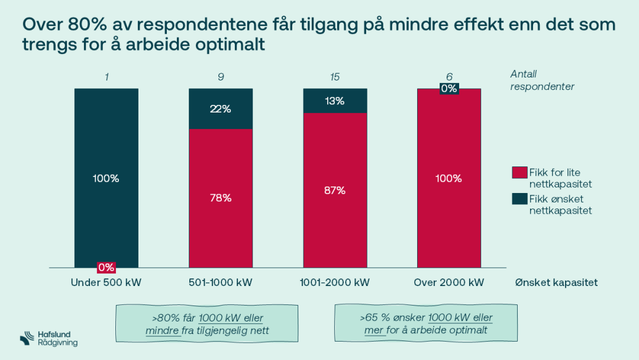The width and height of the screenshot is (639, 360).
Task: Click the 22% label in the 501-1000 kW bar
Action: tap(221, 109)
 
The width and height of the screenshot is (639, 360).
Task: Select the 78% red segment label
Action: tap(221, 198)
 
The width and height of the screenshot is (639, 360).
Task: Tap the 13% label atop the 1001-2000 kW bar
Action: tap(335, 101)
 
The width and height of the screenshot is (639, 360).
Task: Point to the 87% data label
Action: tap(335, 190)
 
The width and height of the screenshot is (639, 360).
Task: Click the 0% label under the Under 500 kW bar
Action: tap(106, 267)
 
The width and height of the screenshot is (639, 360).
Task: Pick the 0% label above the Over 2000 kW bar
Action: tap(449, 88)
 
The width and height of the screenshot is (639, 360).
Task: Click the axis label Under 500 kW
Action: tap(106, 282)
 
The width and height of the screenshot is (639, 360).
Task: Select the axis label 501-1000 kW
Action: tap(221, 282)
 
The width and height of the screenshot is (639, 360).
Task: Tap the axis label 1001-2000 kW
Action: tap(335, 282)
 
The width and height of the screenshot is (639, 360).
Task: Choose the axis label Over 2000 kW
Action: tap(449, 282)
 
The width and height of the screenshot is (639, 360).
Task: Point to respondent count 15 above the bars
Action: tap(335, 76)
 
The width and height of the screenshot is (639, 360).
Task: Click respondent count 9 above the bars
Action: tap(221, 76)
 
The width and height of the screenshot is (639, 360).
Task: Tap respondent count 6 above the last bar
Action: tap(449, 76)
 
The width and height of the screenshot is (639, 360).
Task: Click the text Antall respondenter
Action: tap(542, 80)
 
